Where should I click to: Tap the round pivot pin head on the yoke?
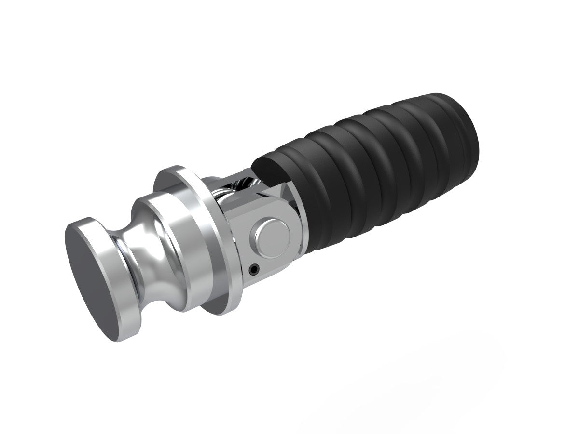coord(273,236)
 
